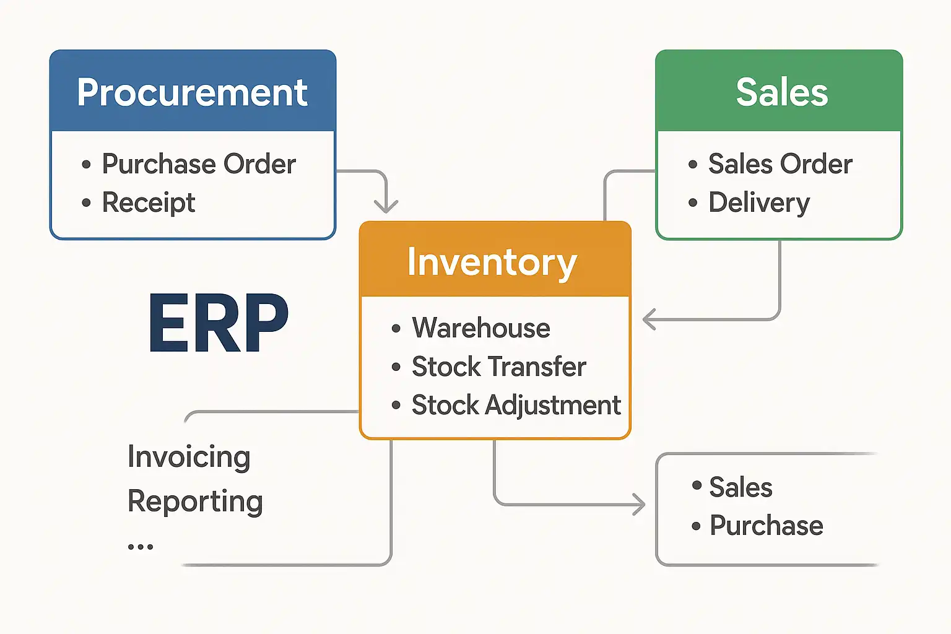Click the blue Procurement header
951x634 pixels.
[193, 92]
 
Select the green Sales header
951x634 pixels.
[781, 92]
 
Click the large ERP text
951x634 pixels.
[219, 323]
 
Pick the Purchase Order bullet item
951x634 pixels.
[198, 164]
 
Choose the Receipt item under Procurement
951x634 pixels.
[149, 202]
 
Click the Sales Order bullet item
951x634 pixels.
[780, 164]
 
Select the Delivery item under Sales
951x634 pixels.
[759, 202]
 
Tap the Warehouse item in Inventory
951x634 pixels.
[481, 328]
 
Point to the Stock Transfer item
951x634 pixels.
[498, 367]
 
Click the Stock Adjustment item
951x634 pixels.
[516, 406]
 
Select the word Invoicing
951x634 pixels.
[189, 457]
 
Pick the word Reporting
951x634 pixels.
[195, 501]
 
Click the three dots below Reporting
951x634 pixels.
[141, 547]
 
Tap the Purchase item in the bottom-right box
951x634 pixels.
[766, 526]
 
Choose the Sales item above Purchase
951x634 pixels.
[740, 487]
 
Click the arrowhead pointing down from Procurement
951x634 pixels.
[386, 206]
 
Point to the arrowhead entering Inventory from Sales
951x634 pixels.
[649, 319]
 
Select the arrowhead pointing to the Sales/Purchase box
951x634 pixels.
[639, 505]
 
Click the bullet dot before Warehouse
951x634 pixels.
[396, 329]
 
